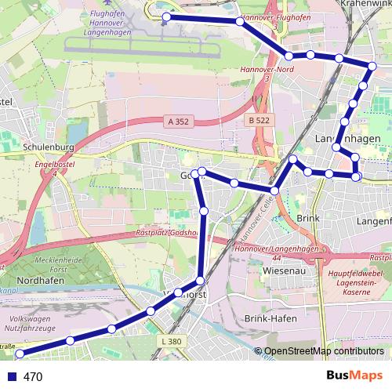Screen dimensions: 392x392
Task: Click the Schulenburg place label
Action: point(49,147)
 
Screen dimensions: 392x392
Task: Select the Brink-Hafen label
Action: point(269,319)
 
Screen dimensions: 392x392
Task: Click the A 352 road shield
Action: point(179,122)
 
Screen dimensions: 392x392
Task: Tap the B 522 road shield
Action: point(259,120)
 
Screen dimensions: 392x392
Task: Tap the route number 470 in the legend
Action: point(33,377)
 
